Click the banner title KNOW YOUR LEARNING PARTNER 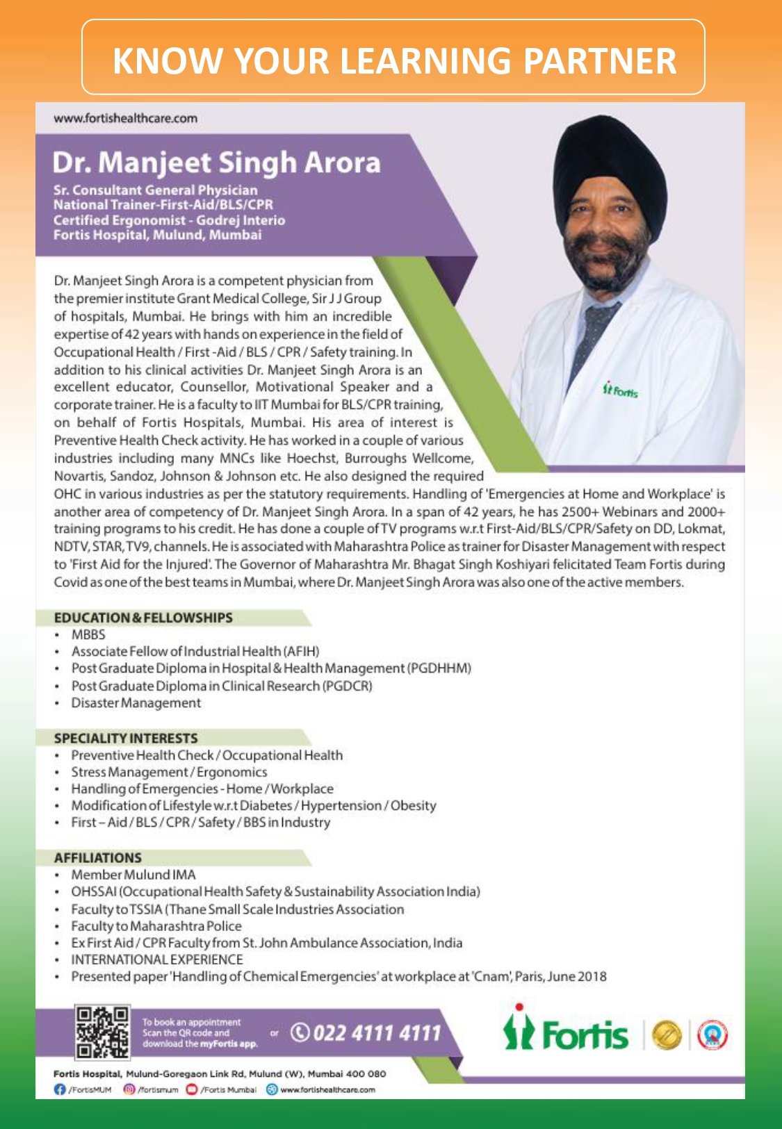pos(394,60)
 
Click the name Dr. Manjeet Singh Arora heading pos(216,163)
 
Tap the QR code pos(102,1032)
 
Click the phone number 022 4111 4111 pos(366,1033)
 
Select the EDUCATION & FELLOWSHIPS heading pos(143,618)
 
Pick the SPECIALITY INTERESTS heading pos(126,738)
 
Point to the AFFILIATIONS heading pos(98,857)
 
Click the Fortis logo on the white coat pos(620,390)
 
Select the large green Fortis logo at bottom pos(567,1033)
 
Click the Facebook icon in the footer pos(60,1089)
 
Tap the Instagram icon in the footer pos(129,1089)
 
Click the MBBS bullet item pos(88,634)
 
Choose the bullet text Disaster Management pos(136,702)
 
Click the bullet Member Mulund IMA pos(133,875)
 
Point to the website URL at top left pos(125,118)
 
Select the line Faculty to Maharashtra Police pos(156,926)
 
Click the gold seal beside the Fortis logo pos(666,1035)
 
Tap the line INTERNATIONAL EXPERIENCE pos(157,959)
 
